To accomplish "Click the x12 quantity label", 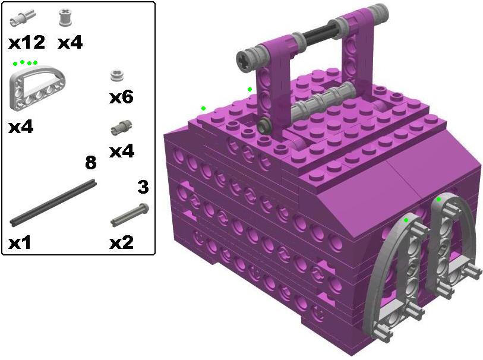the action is [27, 43].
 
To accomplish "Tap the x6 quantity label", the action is [121, 97].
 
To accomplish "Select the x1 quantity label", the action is [20, 243].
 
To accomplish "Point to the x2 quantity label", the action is [121, 242].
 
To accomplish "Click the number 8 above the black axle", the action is [90, 162].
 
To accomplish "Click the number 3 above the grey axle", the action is [143, 187].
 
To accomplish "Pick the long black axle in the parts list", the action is [53, 203].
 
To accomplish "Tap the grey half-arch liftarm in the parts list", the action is [37, 88].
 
